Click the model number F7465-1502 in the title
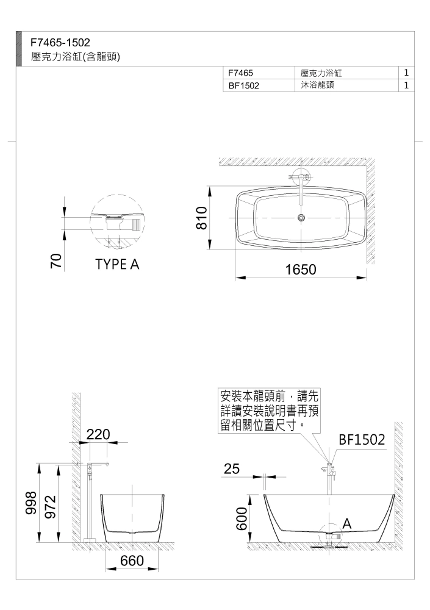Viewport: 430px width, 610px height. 60,42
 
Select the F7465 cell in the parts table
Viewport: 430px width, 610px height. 240,73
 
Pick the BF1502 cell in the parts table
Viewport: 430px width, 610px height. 243,85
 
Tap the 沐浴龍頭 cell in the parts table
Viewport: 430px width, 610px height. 317,85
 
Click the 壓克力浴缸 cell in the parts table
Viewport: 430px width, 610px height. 321,73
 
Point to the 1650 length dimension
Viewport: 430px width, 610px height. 301,269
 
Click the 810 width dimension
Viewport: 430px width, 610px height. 201,218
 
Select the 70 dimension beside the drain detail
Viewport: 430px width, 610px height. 57,260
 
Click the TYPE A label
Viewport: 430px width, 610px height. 117,265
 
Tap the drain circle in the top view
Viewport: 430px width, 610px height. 301,218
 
